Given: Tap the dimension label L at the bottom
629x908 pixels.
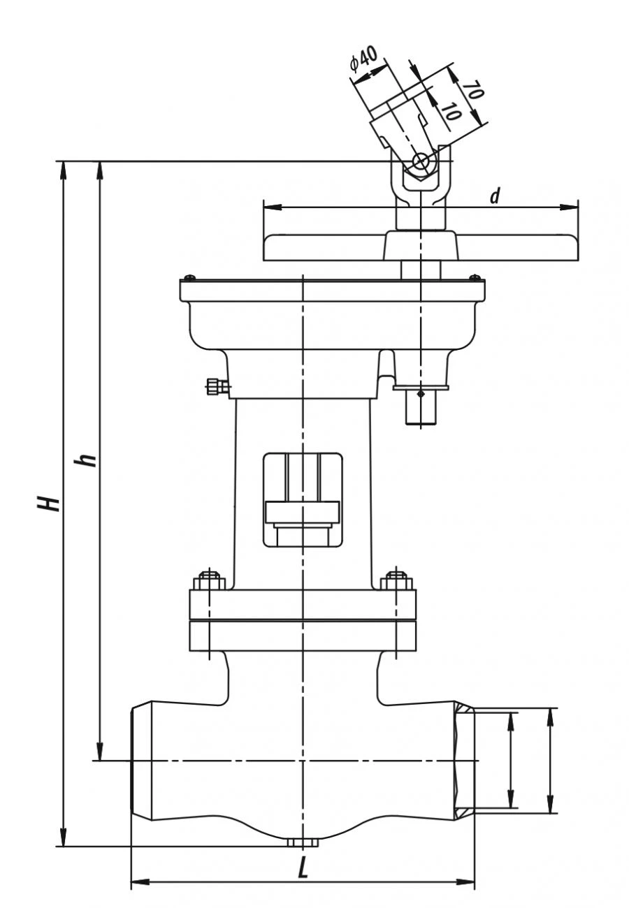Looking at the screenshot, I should coord(303,868).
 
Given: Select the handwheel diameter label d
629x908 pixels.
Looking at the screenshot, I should coord(495,197).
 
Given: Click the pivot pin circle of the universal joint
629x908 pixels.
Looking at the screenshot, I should coord(421,161).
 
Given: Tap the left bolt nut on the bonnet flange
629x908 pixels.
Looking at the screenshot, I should coord(208,580).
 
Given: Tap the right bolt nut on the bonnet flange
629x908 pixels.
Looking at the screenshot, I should coord(397,580).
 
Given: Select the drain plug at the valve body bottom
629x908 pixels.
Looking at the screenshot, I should coord(302,843).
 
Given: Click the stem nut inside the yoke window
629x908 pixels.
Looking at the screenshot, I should coord(302,512).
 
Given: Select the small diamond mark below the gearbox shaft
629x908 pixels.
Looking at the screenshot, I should coord(420,395).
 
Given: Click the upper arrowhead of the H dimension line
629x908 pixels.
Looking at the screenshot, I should coord(64,168).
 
